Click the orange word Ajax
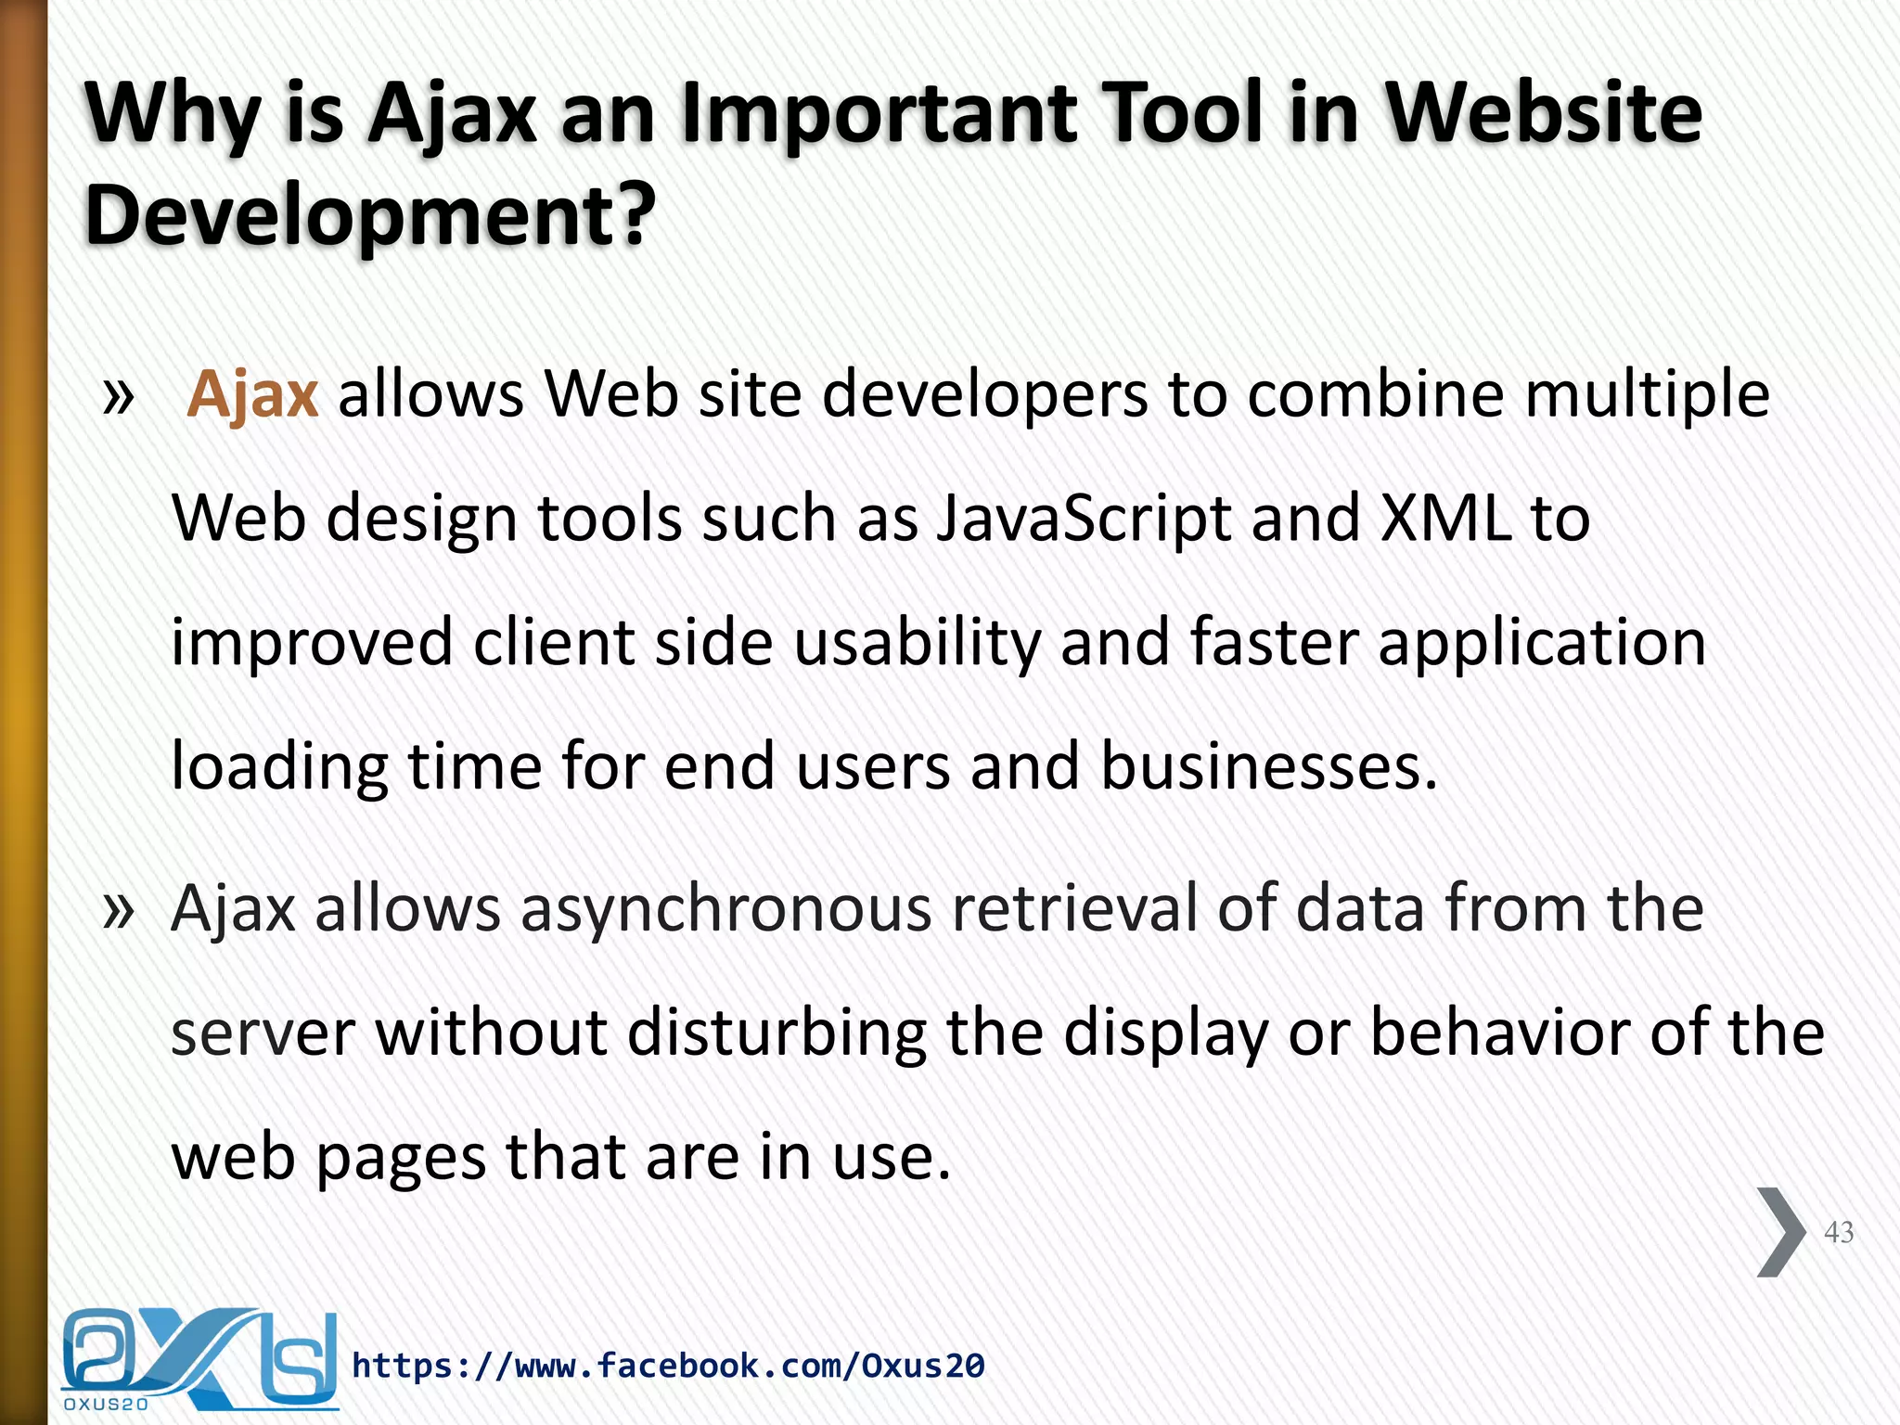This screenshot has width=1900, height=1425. tap(252, 395)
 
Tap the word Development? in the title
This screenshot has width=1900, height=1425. tap(370, 215)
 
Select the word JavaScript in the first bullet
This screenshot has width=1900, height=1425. tap(1083, 518)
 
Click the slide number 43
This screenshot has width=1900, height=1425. tap(1838, 1232)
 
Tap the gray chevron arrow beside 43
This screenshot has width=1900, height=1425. tap(1780, 1232)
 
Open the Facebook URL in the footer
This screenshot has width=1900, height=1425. tap(668, 1366)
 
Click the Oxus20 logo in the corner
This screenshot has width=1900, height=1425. tap(199, 1358)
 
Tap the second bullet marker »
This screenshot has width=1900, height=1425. tap(119, 910)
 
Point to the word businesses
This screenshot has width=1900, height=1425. tap(1267, 766)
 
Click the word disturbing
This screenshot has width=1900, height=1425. tap(776, 1033)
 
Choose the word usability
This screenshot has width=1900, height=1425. tap(917, 642)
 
